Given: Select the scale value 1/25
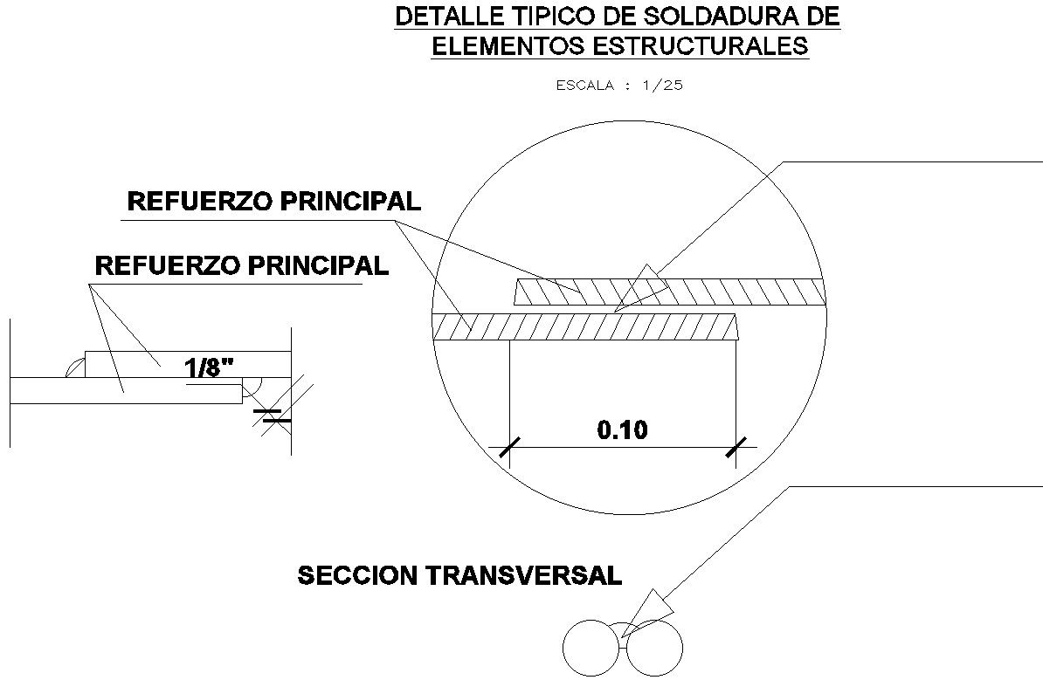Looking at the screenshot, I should [661, 86].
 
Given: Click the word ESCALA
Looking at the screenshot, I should [584, 86].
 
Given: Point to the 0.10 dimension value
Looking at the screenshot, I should [622, 429].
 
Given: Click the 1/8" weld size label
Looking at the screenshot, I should [209, 367].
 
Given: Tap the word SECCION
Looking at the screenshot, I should [358, 575].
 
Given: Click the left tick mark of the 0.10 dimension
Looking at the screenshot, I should [504, 448].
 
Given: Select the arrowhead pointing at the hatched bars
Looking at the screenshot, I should [644, 281].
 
